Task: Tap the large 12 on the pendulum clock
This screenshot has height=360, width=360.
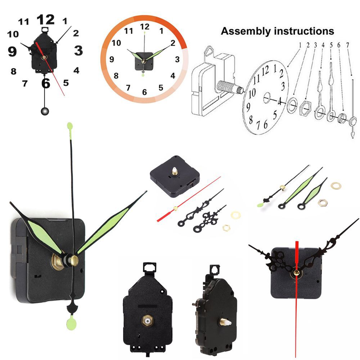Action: [x=45, y=19]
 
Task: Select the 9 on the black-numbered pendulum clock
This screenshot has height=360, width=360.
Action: [x=12, y=51]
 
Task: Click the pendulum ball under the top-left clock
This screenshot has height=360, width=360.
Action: [x=45, y=111]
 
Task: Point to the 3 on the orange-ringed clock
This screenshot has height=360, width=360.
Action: [x=177, y=59]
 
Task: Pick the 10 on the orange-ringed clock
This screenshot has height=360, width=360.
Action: [x=116, y=43]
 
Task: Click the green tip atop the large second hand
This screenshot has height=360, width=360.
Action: [x=70, y=126]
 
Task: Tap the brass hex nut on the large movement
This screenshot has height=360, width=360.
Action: [x=57, y=262]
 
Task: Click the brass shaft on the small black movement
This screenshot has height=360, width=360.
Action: [x=175, y=171]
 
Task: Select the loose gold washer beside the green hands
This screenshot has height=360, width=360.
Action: [x=336, y=185]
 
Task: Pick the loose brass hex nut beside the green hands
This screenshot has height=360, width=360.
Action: [x=323, y=203]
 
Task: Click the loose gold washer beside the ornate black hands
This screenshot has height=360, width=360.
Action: [x=235, y=215]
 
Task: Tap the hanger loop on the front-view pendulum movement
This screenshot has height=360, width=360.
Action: [x=149, y=267]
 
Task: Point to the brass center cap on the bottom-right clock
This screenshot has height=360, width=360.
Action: [x=296, y=273]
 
